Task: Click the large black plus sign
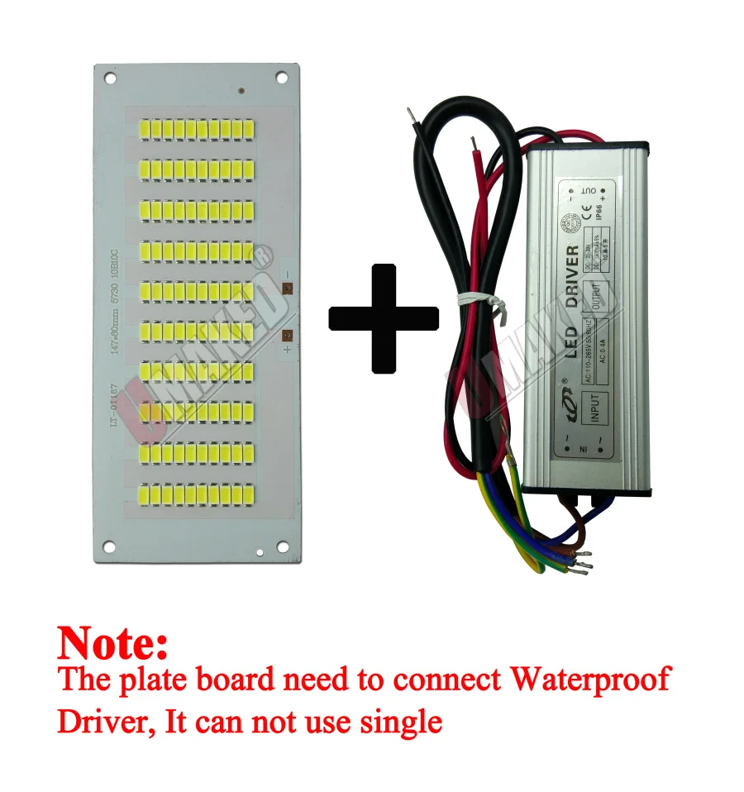coord(384,317)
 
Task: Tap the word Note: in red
coord(112,642)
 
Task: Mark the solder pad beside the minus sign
coord(287,289)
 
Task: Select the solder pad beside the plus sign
coord(287,336)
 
